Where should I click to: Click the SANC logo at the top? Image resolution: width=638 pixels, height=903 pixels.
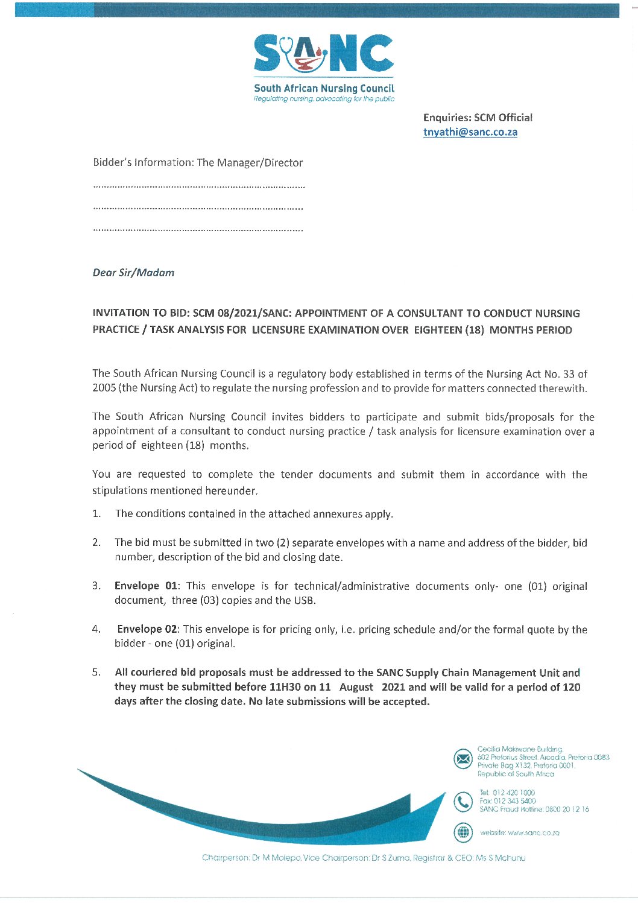[x=324, y=54]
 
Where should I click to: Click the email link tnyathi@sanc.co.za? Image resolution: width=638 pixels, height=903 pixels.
[x=470, y=132]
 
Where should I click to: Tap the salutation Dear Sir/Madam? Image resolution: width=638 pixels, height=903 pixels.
[x=133, y=273]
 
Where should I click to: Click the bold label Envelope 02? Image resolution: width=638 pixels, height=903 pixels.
[x=147, y=629]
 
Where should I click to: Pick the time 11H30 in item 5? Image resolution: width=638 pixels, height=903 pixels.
[x=285, y=687]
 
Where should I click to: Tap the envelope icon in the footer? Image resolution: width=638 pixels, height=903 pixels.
[x=463, y=759]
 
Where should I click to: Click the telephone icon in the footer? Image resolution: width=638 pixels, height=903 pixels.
[x=463, y=802]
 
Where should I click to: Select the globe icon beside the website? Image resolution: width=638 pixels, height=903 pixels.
[x=463, y=832]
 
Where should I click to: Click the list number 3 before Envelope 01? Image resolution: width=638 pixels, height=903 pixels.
[x=96, y=586]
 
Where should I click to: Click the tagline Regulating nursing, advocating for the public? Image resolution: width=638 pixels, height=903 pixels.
[x=324, y=99]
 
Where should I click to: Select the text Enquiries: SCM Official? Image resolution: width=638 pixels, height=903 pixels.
[x=478, y=118]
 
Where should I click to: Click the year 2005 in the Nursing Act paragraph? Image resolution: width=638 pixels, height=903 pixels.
[x=104, y=388]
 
